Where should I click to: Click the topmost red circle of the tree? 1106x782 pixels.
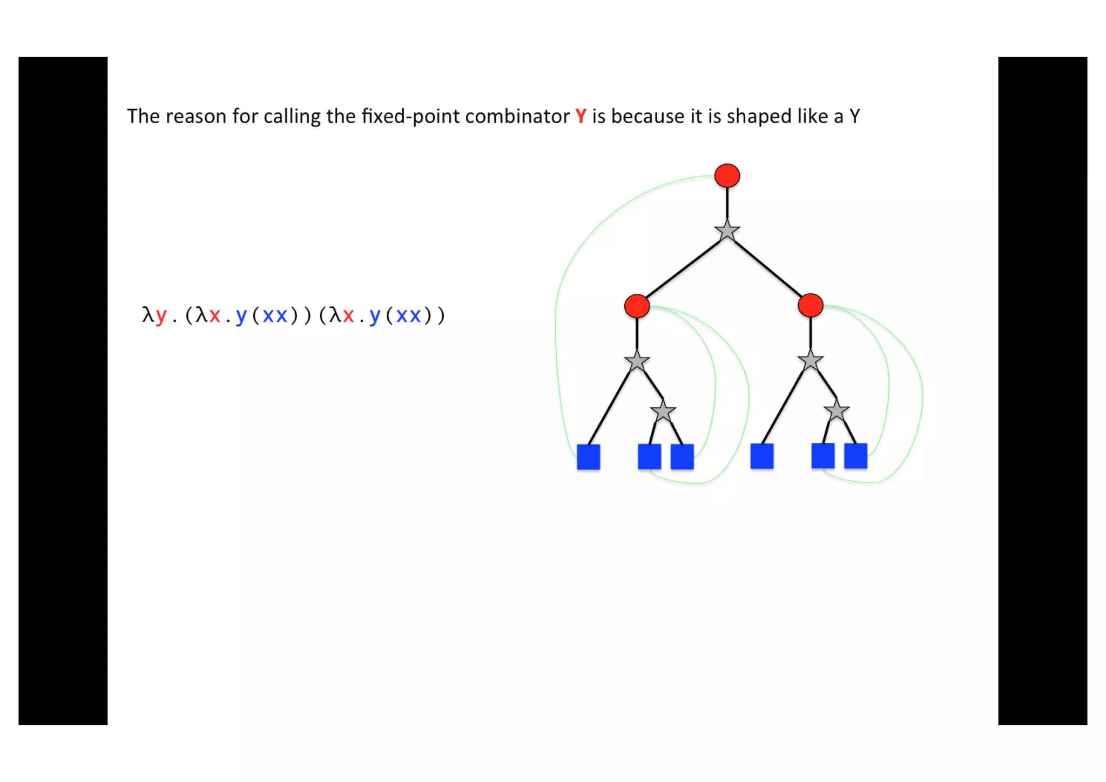[x=727, y=176]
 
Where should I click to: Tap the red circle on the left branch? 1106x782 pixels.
[x=637, y=306]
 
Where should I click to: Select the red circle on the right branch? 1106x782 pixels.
[x=810, y=305]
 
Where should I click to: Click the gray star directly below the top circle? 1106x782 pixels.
[x=727, y=231]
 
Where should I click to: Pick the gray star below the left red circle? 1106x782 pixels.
[x=637, y=361]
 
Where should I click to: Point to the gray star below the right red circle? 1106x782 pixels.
[x=810, y=361]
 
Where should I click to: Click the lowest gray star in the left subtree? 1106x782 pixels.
[x=663, y=412]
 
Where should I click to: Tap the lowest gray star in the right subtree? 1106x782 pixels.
[x=837, y=411]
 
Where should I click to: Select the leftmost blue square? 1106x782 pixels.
[x=589, y=457]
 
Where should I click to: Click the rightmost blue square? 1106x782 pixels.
[x=855, y=456]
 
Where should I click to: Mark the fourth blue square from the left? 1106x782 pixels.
[x=762, y=456]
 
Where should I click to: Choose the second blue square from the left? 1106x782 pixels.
[x=649, y=457]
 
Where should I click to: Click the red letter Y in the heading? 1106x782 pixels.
[x=581, y=117]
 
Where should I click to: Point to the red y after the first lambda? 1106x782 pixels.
[x=160, y=315]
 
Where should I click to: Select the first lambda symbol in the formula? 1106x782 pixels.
[x=147, y=315]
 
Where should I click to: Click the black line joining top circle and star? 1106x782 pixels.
[x=727, y=203]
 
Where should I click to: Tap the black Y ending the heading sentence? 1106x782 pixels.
[x=854, y=117]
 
